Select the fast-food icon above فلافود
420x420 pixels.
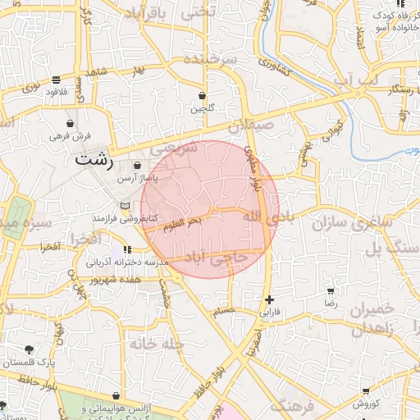55,80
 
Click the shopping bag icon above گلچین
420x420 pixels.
202,95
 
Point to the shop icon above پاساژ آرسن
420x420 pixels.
136,165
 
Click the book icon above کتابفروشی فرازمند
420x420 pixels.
125,205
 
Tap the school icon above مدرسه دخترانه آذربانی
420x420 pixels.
126,249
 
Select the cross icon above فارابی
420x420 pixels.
269,299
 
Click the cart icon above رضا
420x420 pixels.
331,291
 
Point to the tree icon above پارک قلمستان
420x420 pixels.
30,349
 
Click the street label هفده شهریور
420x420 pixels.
140,280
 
